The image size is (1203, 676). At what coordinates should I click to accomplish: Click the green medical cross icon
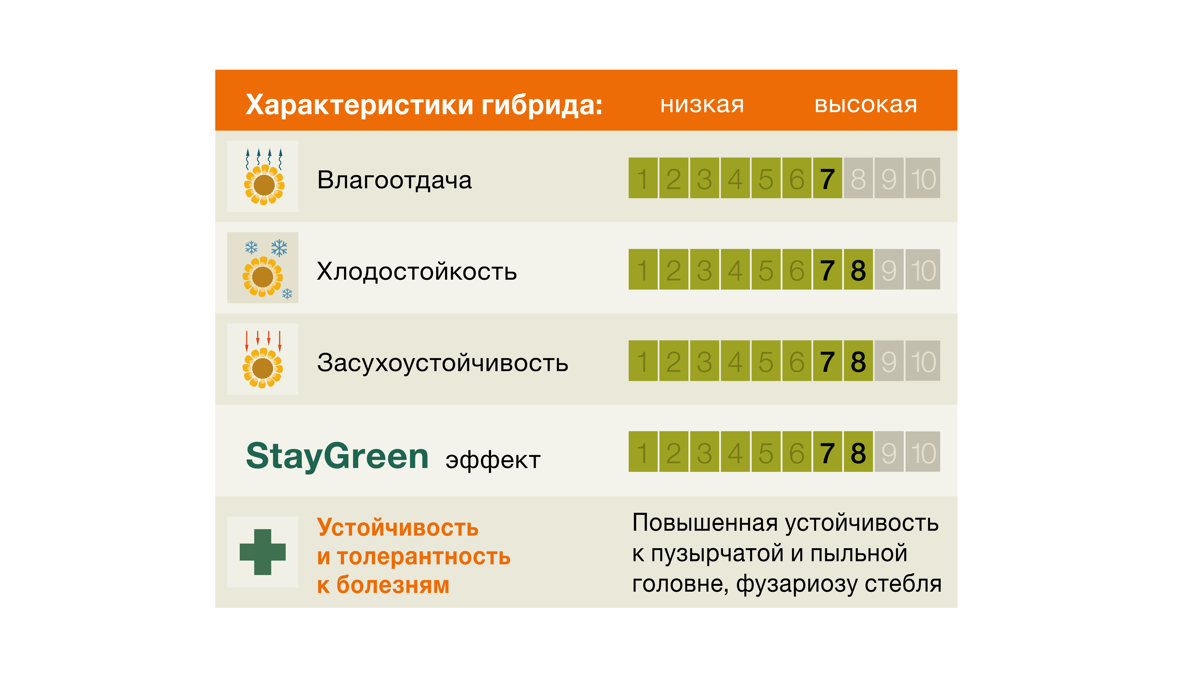[263, 552]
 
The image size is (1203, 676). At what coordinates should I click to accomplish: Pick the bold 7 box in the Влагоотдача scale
[828, 178]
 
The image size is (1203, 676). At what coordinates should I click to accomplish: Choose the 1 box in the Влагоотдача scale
[643, 178]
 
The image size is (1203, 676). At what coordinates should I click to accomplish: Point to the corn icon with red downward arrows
[263, 359]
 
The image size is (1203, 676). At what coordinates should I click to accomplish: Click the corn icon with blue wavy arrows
[264, 176]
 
